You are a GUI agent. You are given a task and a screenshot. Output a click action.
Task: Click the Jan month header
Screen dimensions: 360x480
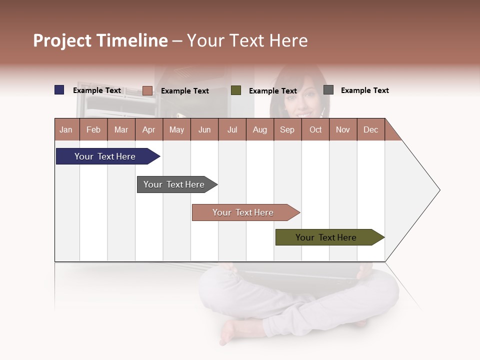pos(66,129)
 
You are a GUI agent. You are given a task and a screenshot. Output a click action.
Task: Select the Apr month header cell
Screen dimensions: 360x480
pos(149,129)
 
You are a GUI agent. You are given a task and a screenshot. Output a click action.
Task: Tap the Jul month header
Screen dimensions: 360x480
pos(232,129)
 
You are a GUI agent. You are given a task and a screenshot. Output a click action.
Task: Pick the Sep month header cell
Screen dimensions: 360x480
pos(287,129)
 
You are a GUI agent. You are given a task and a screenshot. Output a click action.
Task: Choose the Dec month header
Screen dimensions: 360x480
pos(370,129)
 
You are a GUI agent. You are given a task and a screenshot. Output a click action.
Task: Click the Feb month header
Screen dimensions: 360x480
pos(93,129)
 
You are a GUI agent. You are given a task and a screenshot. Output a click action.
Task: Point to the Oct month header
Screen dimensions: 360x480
pos(315,129)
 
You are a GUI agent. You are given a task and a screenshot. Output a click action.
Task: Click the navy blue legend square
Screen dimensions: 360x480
pos(59,90)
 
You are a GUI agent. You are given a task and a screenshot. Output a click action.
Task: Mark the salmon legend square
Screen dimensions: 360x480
pos(147,90)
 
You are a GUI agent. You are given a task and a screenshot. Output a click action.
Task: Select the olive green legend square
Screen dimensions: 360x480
pos(236,90)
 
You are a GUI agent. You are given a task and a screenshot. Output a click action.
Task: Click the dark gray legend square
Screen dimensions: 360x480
pos(328,90)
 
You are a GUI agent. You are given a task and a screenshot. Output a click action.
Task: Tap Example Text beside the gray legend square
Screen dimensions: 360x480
pos(364,90)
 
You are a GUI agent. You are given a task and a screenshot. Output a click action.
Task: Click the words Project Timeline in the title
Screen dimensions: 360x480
pos(100,40)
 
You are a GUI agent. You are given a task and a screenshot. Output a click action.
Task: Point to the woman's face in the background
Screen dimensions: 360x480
pos(300,97)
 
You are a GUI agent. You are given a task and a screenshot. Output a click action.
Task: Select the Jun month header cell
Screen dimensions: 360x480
pos(204,129)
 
